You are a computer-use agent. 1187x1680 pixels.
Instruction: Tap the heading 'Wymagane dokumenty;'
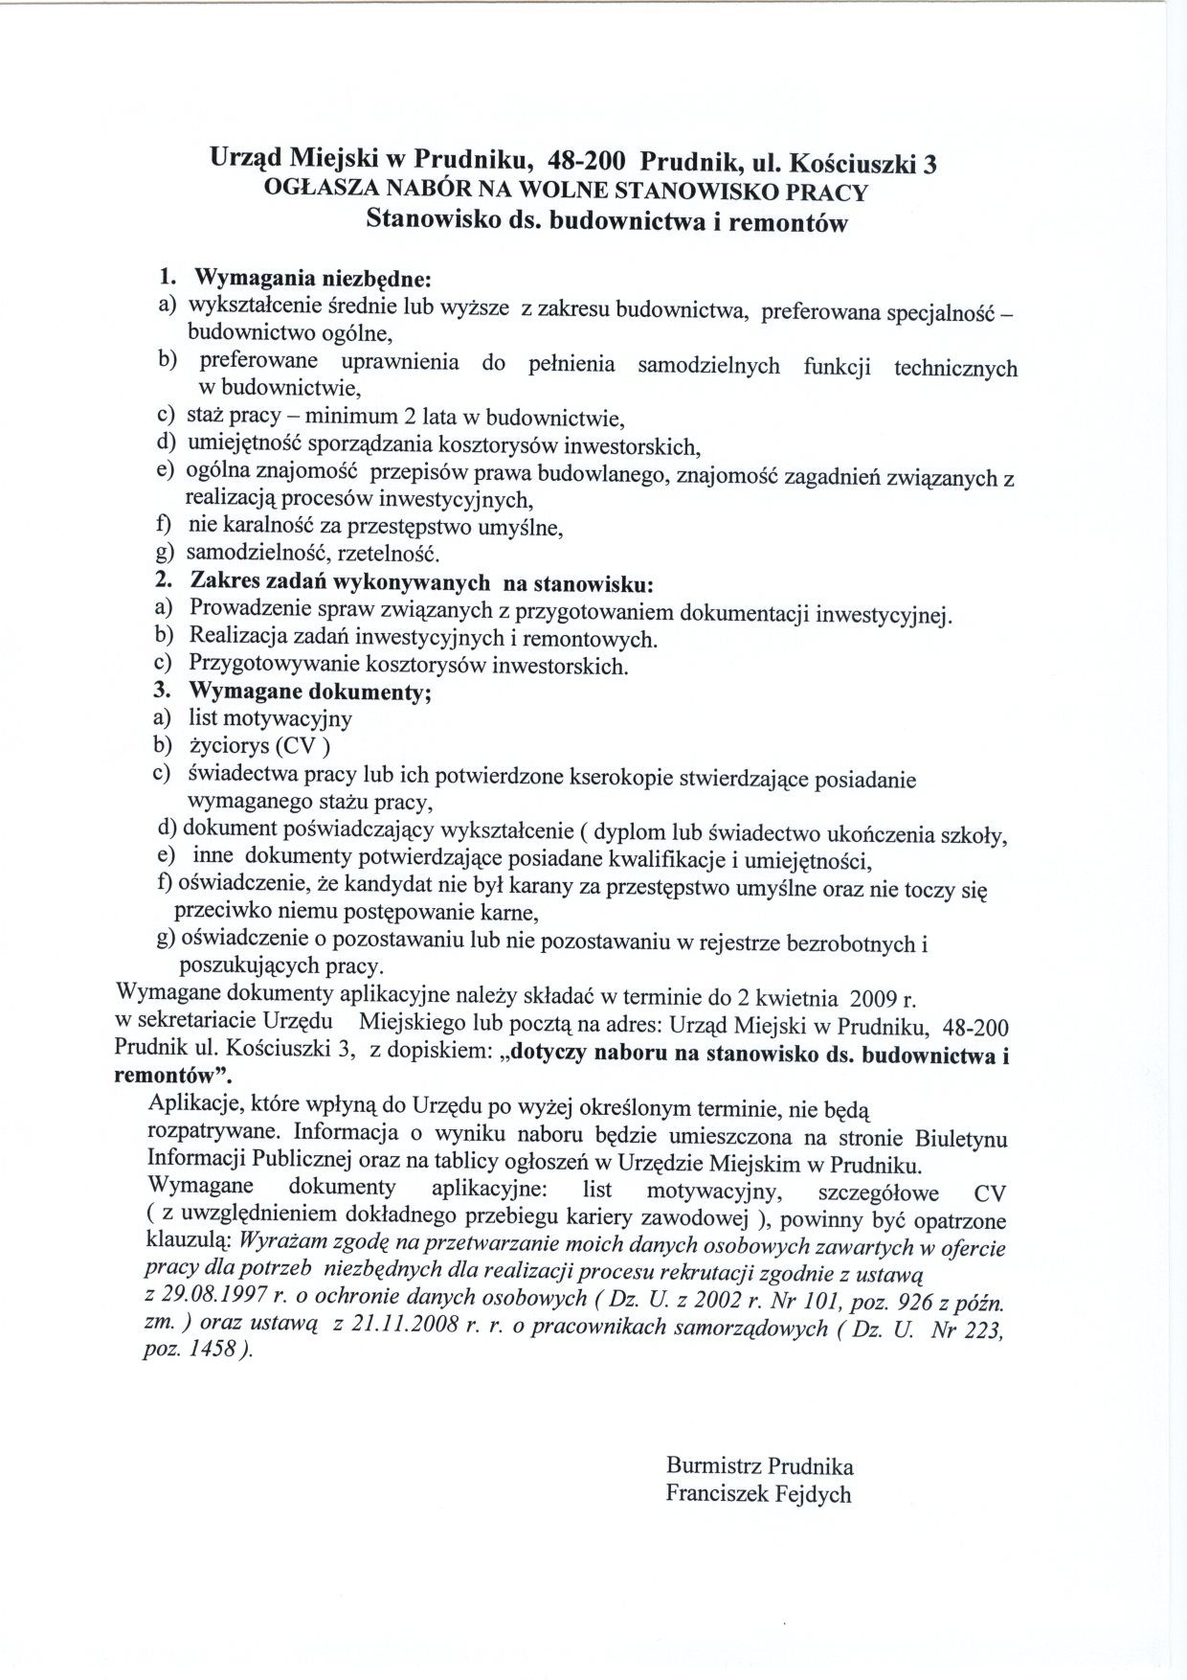pyautogui.click(x=310, y=691)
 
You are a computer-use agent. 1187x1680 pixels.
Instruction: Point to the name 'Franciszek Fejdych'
pyautogui.click(x=758, y=1493)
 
